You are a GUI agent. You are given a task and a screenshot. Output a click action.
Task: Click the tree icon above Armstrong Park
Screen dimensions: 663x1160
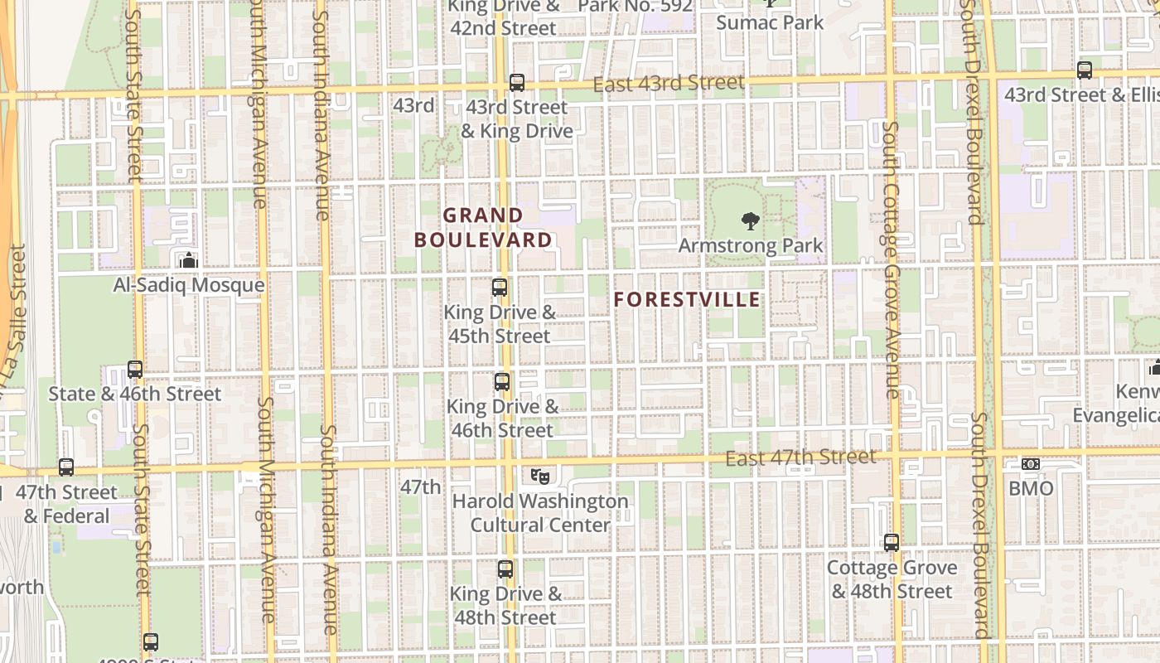point(750,220)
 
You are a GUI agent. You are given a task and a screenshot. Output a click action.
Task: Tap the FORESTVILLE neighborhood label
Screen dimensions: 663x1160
point(687,299)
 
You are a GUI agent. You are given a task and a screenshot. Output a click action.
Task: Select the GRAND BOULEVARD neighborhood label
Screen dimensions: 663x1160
point(483,228)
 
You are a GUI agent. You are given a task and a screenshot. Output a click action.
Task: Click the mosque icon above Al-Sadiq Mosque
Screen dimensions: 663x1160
point(188,260)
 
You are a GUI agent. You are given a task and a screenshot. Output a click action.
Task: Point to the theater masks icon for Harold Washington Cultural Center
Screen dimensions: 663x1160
point(539,476)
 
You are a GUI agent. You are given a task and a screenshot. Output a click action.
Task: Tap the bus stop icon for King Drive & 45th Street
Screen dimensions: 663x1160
point(500,288)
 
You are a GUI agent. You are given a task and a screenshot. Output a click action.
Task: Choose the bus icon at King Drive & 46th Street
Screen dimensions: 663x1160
point(502,382)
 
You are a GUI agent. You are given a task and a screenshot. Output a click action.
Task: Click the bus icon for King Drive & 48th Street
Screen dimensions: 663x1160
point(505,569)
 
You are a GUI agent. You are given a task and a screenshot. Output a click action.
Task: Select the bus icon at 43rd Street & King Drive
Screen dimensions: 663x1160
point(517,83)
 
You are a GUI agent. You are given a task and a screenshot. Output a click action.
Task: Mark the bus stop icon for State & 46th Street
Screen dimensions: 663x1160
point(135,370)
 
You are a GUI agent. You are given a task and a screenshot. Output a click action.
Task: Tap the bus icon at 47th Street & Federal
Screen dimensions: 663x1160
point(66,467)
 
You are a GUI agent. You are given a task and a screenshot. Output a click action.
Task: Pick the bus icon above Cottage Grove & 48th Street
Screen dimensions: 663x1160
point(892,543)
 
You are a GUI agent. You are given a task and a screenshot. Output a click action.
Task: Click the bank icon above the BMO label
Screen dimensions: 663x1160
point(1031,464)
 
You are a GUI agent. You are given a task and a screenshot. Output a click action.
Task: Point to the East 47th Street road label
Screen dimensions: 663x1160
point(800,457)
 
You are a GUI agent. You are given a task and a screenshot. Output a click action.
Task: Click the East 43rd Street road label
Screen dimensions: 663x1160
point(669,84)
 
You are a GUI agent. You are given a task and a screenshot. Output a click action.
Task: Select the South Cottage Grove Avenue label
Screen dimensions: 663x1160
point(891,259)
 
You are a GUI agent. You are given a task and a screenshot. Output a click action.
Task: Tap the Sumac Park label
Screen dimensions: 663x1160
point(770,22)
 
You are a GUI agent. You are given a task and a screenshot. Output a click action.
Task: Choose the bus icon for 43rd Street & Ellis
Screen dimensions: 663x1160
point(1085,70)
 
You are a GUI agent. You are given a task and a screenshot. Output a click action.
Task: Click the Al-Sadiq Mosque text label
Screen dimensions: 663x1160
point(189,285)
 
